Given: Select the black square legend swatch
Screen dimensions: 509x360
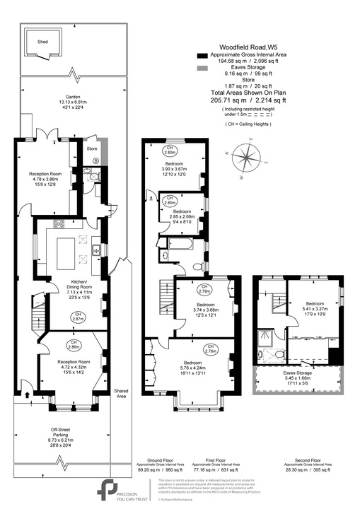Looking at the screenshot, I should tap(202, 54).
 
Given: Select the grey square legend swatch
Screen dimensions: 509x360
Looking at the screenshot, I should tap(202, 67).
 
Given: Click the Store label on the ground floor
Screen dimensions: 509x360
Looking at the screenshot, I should tap(91, 149).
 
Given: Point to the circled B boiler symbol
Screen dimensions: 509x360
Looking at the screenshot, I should tap(96, 162).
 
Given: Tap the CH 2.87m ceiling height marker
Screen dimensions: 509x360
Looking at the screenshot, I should tap(79, 317).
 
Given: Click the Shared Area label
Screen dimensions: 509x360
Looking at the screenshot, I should tap(121, 394).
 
